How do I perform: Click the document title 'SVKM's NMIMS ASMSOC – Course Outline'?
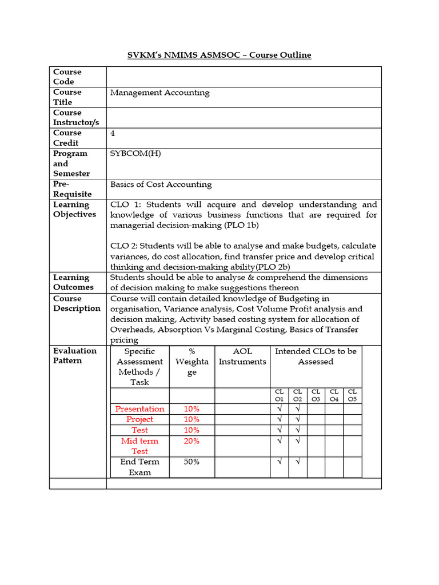(x=219, y=55)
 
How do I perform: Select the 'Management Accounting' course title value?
(x=159, y=93)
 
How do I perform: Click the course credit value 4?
(x=113, y=133)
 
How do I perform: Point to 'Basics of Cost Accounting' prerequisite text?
(x=161, y=185)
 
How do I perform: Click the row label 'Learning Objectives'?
(x=74, y=210)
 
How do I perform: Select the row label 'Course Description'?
(x=77, y=303)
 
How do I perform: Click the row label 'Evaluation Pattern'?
(x=75, y=355)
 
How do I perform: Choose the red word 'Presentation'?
(x=139, y=409)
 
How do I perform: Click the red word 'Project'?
(x=139, y=419)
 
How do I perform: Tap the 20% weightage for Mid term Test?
(x=191, y=441)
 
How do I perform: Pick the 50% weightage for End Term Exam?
(x=191, y=462)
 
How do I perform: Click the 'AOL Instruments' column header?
(x=242, y=356)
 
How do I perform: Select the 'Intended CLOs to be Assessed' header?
(x=316, y=356)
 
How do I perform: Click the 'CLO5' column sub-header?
(x=353, y=395)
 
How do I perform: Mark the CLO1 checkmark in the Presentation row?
(x=280, y=409)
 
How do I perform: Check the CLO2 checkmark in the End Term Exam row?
(x=298, y=462)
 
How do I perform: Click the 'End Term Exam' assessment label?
(x=139, y=467)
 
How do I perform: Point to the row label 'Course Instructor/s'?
(x=76, y=118)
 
